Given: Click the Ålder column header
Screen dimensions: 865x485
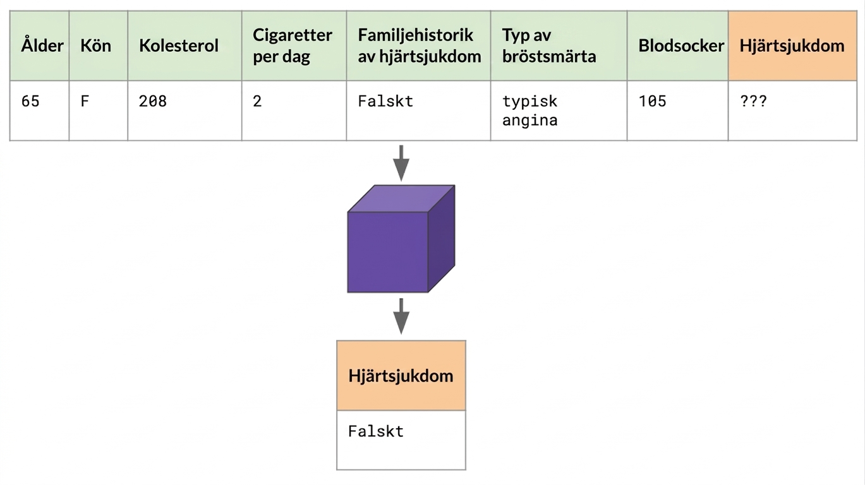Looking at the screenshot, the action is (x=42, y=45).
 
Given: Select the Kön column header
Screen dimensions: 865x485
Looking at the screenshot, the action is (x=95, y=45).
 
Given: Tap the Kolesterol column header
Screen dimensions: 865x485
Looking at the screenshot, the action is (x=178, y=45).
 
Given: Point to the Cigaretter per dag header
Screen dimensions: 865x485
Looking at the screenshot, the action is (x=293, y=45).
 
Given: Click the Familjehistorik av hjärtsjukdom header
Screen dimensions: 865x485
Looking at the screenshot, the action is (x=420, y=45).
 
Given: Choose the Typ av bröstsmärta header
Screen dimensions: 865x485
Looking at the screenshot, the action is (x=548, y=45).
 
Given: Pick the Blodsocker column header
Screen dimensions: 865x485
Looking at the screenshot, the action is (x=681, y=45).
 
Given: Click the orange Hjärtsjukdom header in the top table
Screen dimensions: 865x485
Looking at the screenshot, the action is (x=792, y=45).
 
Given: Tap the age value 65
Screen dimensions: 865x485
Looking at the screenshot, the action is (x=30, y=101).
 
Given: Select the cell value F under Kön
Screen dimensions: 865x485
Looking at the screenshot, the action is (x=85, y=101).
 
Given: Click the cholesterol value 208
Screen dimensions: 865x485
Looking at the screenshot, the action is (x=152, y=101).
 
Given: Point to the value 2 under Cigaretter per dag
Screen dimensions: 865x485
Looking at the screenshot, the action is (x=257, y=101).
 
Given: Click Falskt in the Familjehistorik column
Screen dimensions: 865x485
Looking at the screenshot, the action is (x=385, y=101).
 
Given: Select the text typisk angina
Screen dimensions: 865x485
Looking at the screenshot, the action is (x=530, y=111).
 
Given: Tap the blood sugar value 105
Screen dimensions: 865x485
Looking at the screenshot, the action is (x=652, y=101).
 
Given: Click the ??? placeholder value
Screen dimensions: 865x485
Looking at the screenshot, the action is (x=753, y=101).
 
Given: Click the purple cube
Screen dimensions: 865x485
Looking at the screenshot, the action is (x=401, y=239).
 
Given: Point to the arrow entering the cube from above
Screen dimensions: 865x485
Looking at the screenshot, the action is (x=401, y=163).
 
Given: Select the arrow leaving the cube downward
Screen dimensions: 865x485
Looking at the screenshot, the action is (x=401, y=316).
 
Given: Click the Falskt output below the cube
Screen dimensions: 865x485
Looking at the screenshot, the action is (x=376, y=431).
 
